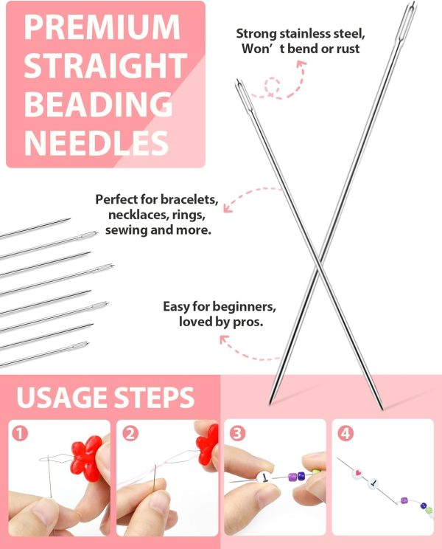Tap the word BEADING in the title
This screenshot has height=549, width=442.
[x=97, y=101]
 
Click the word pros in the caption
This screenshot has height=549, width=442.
[x=250, y=322]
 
